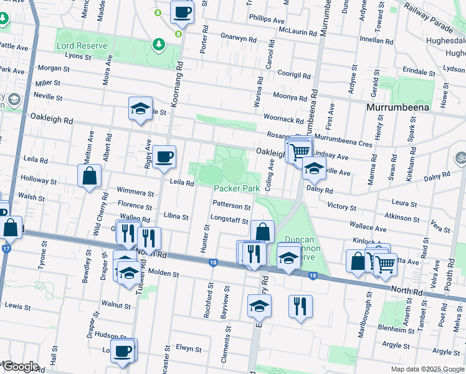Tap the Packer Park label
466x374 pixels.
[x=236, y=188]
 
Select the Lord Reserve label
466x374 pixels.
[x=83, y=46]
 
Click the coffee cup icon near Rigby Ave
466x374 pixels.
[x=164, y=156]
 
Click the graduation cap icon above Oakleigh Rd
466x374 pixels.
[x=140, y=108]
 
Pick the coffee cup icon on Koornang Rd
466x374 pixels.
[x=183, y=11]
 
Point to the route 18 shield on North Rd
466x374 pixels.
[x=213, y=263]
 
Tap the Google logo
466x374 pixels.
[x=21, y=367]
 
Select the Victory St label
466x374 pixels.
[x=341, y=206]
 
